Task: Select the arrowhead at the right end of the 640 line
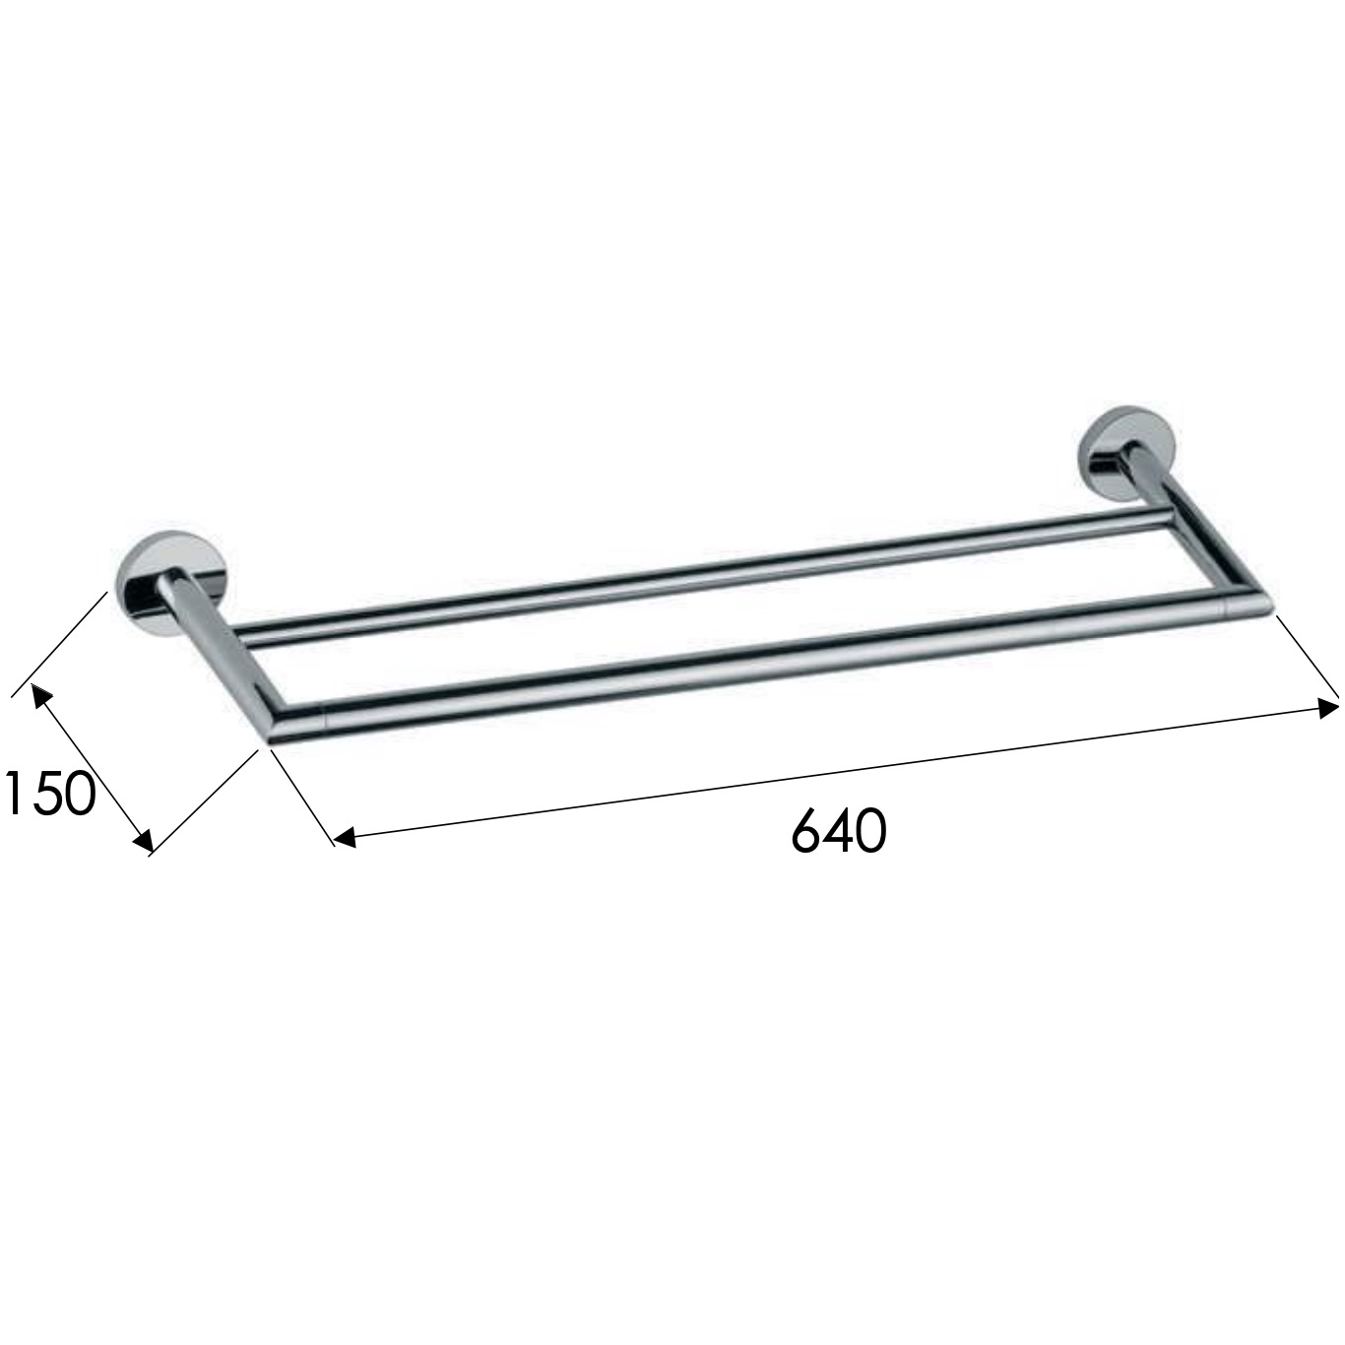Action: coord(1327,706)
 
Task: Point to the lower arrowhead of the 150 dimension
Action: coord(143,839)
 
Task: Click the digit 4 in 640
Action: coord(840,830)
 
